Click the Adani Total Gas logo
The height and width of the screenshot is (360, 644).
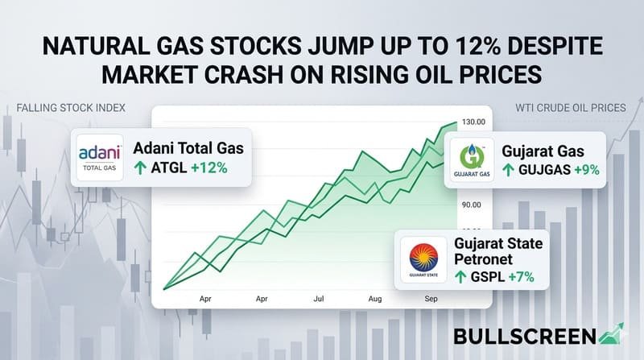point(98,158)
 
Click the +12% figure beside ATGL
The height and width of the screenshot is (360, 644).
point(208,168)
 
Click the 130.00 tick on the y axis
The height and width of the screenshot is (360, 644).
point(473,122)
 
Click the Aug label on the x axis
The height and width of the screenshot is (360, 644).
point(375,298)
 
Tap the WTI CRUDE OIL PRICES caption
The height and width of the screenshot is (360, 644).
point(571,107)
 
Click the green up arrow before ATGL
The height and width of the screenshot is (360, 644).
point(141,168)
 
